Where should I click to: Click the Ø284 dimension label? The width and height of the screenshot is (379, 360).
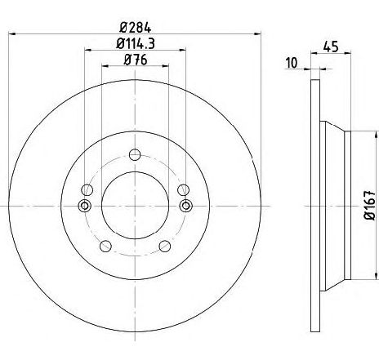point(135,28)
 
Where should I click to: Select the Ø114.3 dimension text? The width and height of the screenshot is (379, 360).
point(136,43)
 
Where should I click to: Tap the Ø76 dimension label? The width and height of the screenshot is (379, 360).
point(136,60)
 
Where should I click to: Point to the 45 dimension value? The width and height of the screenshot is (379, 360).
point(331,47)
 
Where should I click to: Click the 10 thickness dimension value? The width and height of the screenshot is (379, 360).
point(292,63)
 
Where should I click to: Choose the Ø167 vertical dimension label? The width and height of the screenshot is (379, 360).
point(370,206)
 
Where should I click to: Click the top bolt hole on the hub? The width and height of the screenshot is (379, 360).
point(135,155)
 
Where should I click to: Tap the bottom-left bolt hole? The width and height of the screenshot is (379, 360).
point(105,247)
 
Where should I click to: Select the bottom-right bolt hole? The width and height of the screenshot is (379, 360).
point(165,247)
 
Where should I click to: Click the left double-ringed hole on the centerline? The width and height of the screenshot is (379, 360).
point(85,206)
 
